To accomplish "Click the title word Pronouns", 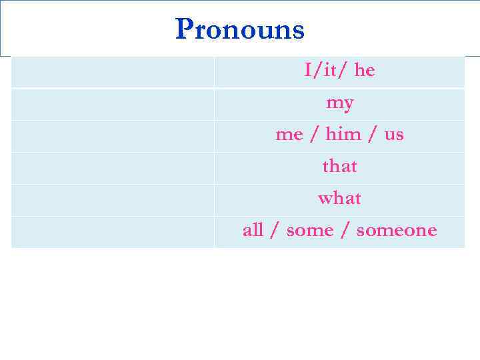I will click(x=240, y=29).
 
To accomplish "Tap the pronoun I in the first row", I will click(x=308, y=71).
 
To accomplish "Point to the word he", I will click(x=365, y=71).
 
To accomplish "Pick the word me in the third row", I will click(x=289, y=135).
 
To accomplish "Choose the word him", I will click(x=343, y=135).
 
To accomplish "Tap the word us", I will click(x=394, y=135).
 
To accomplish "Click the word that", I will click(x=340, y=166).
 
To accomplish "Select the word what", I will click(x=340, y=199).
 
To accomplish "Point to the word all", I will click(x=253, y=231).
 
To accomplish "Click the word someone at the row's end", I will click(x=397, y=231).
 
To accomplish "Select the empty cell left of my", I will click(x=113, y=104).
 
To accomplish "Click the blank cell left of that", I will click(x=113, y=168).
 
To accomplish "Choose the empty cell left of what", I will click(x=113, y=200).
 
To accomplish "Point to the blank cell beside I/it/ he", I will click(x=113, y=72).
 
